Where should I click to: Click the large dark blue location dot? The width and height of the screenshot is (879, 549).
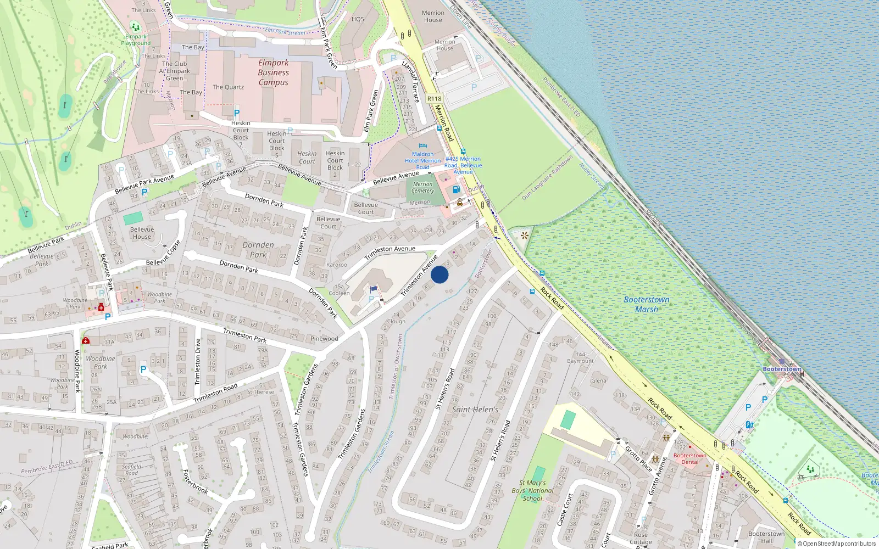click(439, 274)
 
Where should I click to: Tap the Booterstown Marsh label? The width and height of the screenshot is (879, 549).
click(647, 305)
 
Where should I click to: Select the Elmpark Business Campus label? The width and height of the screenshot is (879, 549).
click(273, 72)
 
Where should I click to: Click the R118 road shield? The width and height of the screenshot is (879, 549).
click(434, 99)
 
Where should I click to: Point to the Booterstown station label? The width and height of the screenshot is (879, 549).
click(782, 369)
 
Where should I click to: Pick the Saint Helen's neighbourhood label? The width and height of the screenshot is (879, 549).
click(475, 410)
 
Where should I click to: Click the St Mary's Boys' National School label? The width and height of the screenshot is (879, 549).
click(532, 491)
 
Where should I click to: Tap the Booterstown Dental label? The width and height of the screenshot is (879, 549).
click(690, 458)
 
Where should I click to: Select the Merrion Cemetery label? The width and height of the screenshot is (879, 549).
click(422, 187)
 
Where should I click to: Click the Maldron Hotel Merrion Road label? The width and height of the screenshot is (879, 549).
click(422, 160)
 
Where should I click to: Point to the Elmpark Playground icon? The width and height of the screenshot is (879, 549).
click(135, 27)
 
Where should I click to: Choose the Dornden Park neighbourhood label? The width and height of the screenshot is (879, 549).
click(258, 250)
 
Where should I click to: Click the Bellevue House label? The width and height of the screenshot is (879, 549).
click(142, 233)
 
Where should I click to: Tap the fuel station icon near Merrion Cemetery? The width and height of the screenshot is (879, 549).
click(456, 189)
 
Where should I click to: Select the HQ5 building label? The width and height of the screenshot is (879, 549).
click(358, 19)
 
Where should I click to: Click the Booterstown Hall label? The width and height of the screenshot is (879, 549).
click(766, 537)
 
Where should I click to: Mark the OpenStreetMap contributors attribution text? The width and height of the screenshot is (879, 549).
click(836, 544)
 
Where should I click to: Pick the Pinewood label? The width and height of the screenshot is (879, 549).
click(324, 339)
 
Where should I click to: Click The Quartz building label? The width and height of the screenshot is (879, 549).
click(228, 87)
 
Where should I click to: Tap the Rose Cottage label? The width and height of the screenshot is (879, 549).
click(641, 539)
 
